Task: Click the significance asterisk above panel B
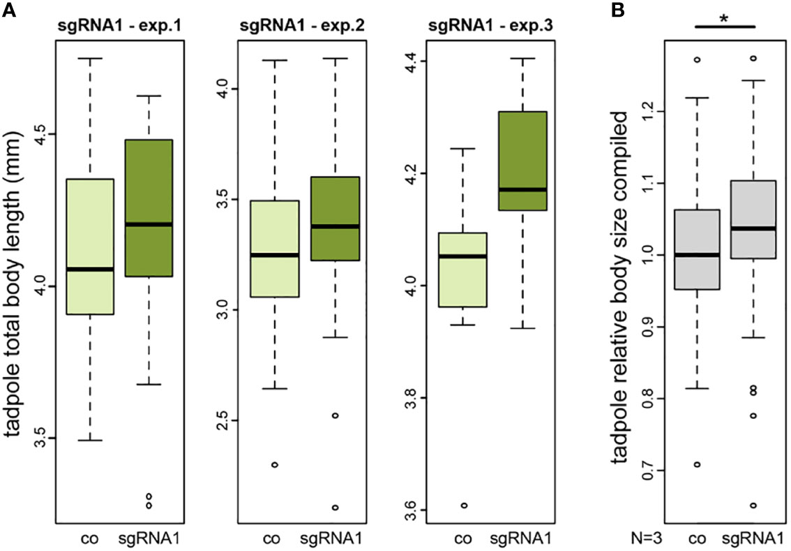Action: pos(725,19)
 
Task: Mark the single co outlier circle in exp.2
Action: pos(275,464)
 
